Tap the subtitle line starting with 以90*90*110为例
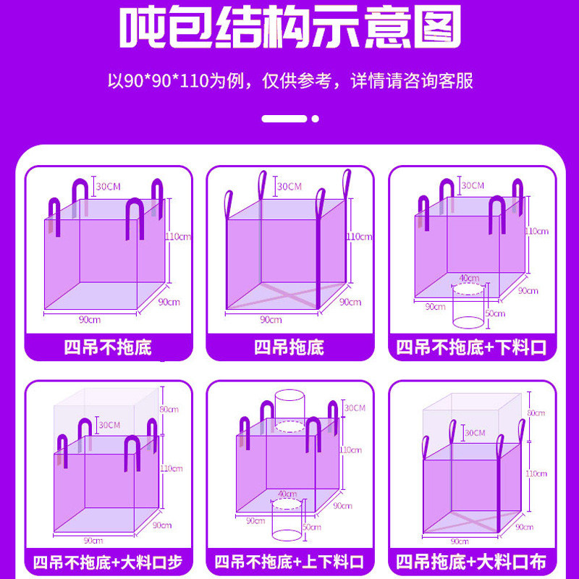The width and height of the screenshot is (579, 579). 289,80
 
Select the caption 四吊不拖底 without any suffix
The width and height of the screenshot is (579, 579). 108,347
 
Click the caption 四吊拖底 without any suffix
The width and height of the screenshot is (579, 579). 289,347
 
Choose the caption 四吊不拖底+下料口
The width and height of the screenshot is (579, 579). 471,347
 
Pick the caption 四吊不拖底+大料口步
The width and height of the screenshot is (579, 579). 108,562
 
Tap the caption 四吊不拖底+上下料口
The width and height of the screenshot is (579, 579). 289,562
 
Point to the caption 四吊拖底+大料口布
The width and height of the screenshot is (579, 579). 471,562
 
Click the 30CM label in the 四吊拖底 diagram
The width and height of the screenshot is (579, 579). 289,187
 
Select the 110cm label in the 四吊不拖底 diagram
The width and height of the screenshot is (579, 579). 178,236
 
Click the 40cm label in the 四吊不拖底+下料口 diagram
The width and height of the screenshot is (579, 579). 469,278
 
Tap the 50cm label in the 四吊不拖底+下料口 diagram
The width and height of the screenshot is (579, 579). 496,313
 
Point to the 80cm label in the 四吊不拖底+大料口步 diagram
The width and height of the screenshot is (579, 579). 169,410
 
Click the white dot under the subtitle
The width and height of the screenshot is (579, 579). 315,118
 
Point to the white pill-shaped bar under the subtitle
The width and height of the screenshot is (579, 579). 284,118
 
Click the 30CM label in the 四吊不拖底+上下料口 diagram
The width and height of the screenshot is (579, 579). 355,407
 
